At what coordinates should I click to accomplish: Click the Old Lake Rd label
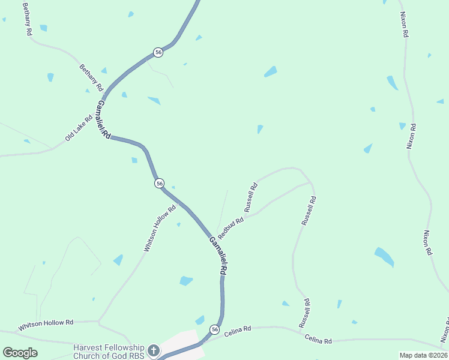coord(79,128)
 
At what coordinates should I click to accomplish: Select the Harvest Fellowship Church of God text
coord(109,352)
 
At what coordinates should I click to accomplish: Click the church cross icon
coord(153,350)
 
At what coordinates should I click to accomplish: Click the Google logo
coord(20,353)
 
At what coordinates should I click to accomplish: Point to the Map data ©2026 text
coord(423,355)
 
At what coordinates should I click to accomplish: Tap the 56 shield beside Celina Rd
coord(214,329)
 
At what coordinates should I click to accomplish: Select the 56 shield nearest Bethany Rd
coord(158,52)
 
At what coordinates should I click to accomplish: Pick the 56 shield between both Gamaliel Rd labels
coord(159,182)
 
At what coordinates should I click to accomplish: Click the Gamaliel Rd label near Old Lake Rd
coord(102,119)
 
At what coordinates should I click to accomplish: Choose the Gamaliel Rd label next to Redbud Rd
coord(218,256)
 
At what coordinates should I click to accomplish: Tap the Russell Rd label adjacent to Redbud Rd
coord(251,197)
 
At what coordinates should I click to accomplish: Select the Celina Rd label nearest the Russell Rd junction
coord(318,340)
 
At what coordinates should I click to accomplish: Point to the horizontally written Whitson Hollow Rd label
coord(46,325)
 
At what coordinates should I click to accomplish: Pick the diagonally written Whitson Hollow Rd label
coord(160,228)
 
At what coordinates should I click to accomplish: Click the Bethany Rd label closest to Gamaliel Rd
coord(91,77)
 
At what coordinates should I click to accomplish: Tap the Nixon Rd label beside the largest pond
coord(427,242)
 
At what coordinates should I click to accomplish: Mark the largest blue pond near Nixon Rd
coord(384,257)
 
